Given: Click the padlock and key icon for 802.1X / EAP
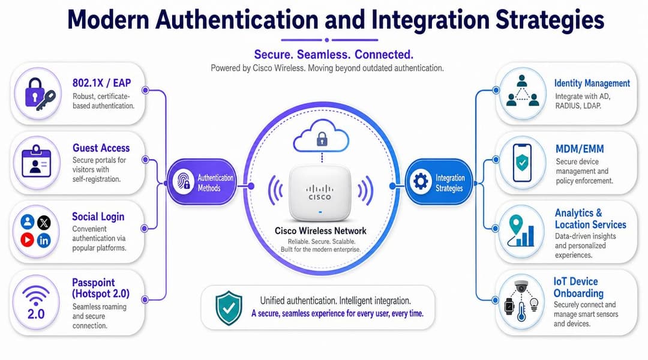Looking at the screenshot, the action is coord(39,94).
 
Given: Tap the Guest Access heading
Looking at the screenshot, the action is coord(101,148).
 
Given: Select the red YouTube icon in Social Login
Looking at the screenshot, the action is coord(27,239).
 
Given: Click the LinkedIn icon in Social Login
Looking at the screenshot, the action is coord(44,240).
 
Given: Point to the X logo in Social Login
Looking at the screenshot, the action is coord(44,223).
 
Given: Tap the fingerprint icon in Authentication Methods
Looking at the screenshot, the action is coord(183,181).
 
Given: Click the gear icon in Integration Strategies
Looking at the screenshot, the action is coord(421,181).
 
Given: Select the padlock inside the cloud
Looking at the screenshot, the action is coord(322,139).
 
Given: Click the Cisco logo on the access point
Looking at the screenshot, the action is coord(320,193).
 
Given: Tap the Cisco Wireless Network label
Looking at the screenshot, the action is coord(320,230).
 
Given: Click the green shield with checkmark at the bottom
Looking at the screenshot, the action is coord(229,308).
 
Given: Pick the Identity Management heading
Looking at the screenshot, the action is coord(592,83).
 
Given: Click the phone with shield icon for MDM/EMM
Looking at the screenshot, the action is coord(522,163).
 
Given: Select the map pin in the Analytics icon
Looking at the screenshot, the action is coord(516,225).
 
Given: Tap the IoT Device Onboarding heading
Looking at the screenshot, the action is coord(578,287).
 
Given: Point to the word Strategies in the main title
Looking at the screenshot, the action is coord(550,20).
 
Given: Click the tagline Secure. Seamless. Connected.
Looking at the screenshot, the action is coord(334,55).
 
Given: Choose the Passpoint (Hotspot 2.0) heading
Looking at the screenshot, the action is coord(101,288).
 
